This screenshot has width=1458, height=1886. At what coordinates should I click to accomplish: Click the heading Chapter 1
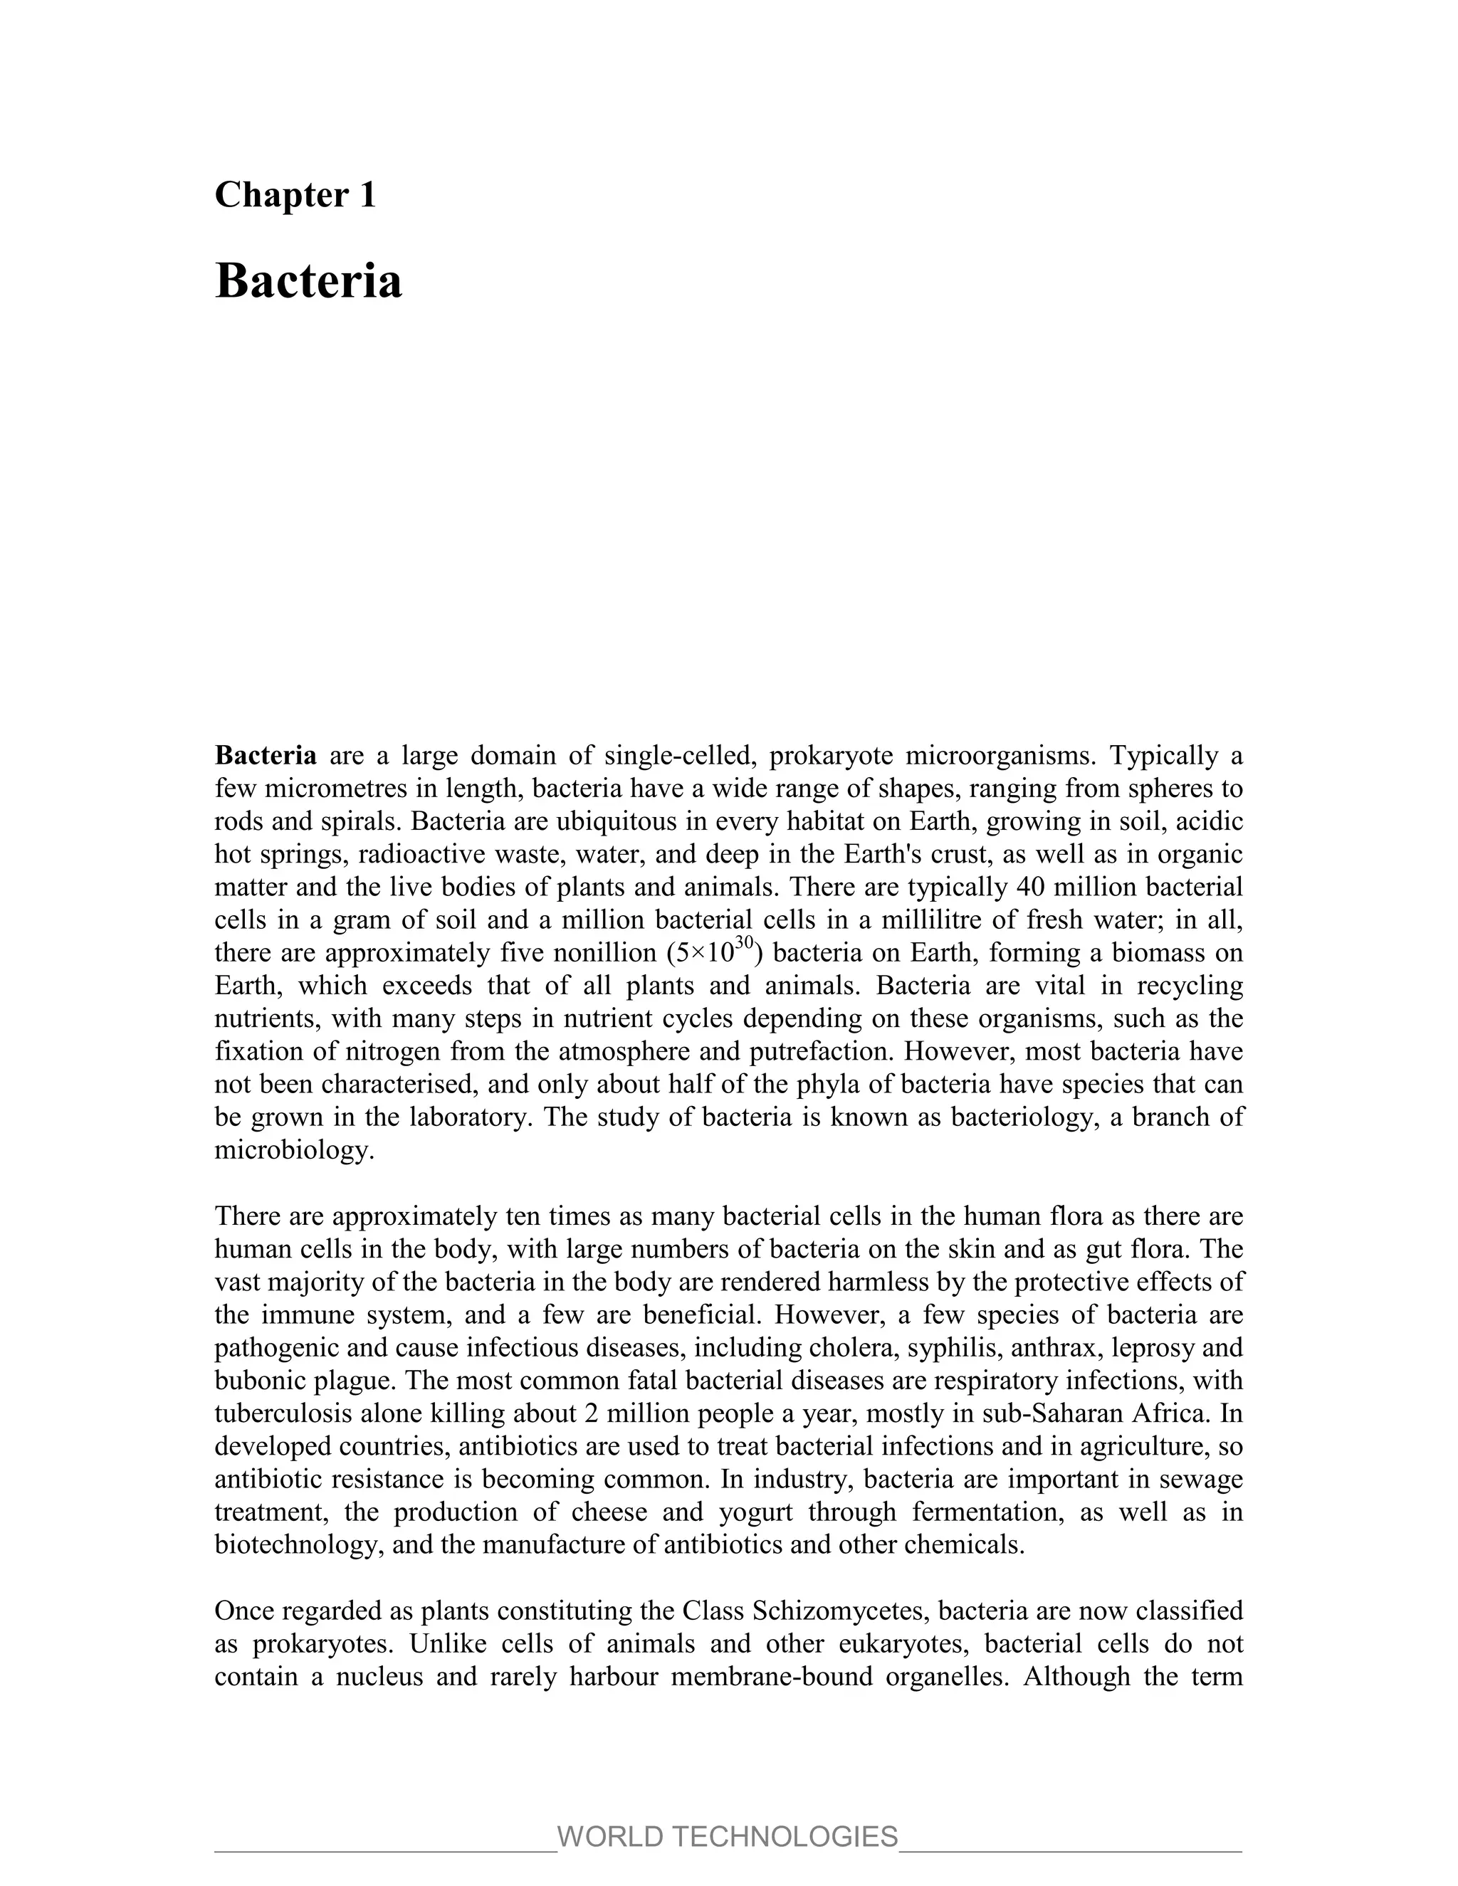click(x=295, y=195)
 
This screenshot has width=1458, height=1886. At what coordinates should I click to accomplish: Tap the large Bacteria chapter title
click(x=308, y=282)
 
